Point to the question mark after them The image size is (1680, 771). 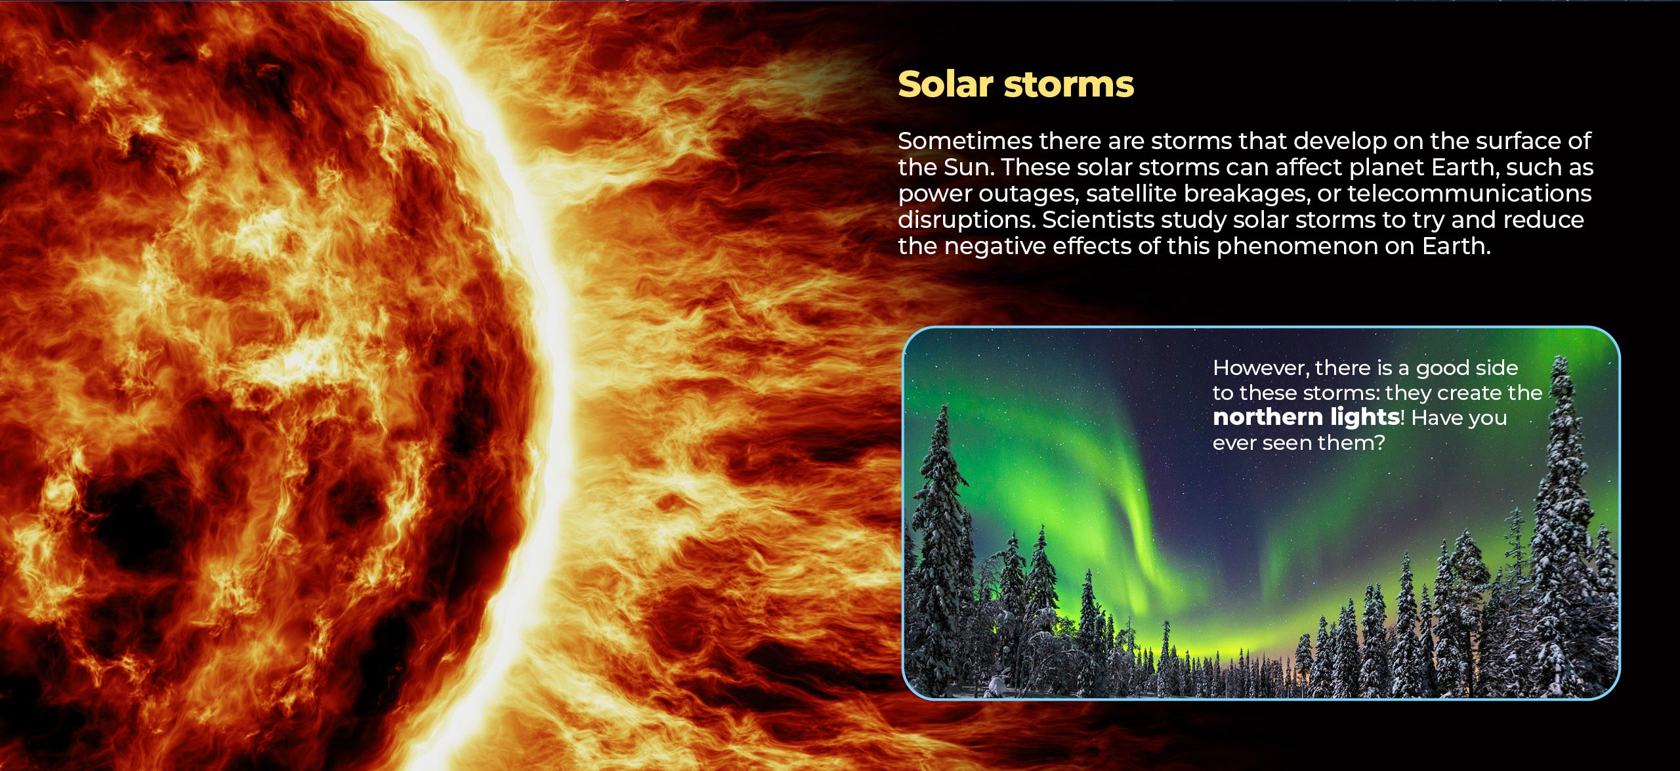pyautogui.click(x=1379, y=443)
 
